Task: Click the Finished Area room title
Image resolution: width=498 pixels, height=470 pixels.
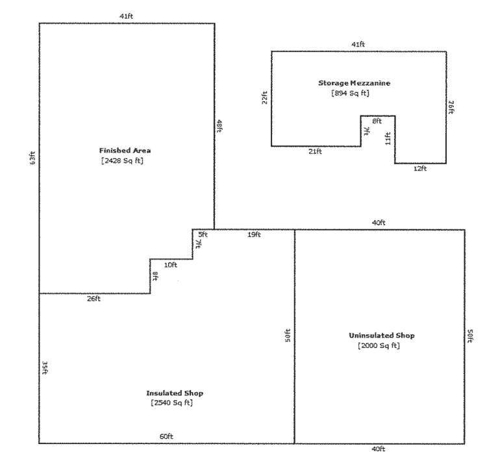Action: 125,151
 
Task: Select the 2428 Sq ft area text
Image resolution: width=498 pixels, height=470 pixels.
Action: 122,161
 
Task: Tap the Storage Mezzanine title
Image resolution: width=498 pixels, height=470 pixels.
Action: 354,83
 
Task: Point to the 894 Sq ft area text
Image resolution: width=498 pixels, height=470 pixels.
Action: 351,93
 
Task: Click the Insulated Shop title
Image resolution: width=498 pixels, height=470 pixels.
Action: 175,393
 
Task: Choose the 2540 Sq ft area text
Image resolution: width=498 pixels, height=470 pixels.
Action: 172,403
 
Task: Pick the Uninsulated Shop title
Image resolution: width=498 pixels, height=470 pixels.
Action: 382,336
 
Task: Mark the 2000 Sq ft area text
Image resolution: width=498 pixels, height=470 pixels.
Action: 379,345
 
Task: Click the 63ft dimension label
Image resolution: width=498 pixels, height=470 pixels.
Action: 32,158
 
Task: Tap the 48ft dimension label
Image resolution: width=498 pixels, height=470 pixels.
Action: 219,126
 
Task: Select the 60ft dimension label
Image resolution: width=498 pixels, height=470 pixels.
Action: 166,436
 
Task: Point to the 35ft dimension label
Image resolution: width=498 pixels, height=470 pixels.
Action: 45,367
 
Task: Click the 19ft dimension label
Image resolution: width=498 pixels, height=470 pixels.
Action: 254,235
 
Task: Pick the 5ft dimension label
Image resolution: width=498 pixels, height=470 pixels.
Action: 203,235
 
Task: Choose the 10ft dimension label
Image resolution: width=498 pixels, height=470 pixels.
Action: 171,265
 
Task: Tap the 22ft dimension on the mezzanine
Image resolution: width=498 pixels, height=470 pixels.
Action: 264,98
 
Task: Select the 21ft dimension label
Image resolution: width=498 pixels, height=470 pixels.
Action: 315,151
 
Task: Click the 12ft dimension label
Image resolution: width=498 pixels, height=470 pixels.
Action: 420,169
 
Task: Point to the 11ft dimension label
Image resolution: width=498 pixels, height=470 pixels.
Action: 388,139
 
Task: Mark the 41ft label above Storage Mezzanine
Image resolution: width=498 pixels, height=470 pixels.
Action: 358,44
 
